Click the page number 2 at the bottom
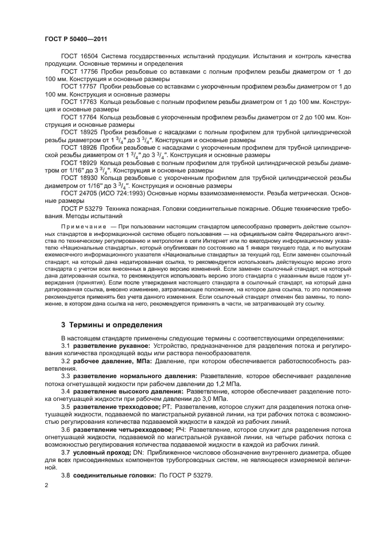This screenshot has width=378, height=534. (x=46, y=485)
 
